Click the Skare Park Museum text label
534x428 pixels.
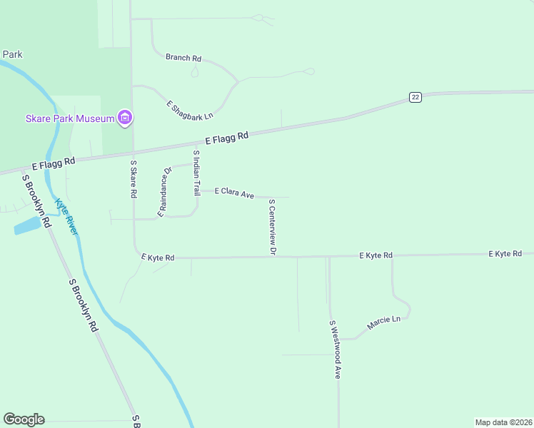pos(69,118)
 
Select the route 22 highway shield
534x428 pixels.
pos(415,97)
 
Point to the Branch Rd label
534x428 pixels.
pos(183,58)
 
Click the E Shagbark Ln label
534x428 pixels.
pos(190,109)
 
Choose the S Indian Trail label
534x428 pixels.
pos(196,173)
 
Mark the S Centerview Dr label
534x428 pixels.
pos(272,227)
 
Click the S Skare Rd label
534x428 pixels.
pos(133,179)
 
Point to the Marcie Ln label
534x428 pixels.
pos(384,322)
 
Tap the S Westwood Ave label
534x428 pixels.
pos(335,349)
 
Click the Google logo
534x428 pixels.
pos(24,419)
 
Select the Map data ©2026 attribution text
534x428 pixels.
pos(503,422)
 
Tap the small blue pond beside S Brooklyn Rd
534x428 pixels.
pos(27,226)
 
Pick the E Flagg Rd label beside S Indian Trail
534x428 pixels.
pos(226,137)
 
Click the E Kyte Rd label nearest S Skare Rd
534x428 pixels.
pos(158,257)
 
